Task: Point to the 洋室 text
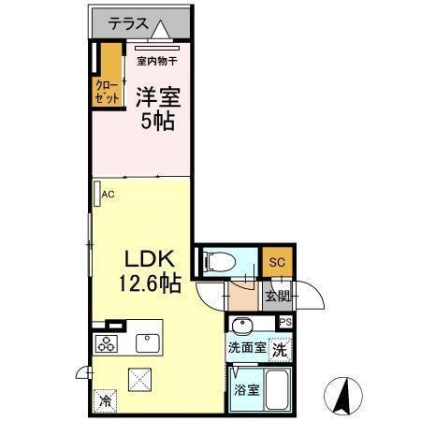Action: point(157,95)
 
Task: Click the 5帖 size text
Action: point(156,122)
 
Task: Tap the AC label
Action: point(108,195)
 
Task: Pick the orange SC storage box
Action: point(276,263)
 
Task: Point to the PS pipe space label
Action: point(285,323)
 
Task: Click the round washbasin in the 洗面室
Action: point(240,326)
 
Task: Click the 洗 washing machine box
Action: point(280,350)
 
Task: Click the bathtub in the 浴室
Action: point(276,389)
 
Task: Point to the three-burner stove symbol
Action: point(105,342)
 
